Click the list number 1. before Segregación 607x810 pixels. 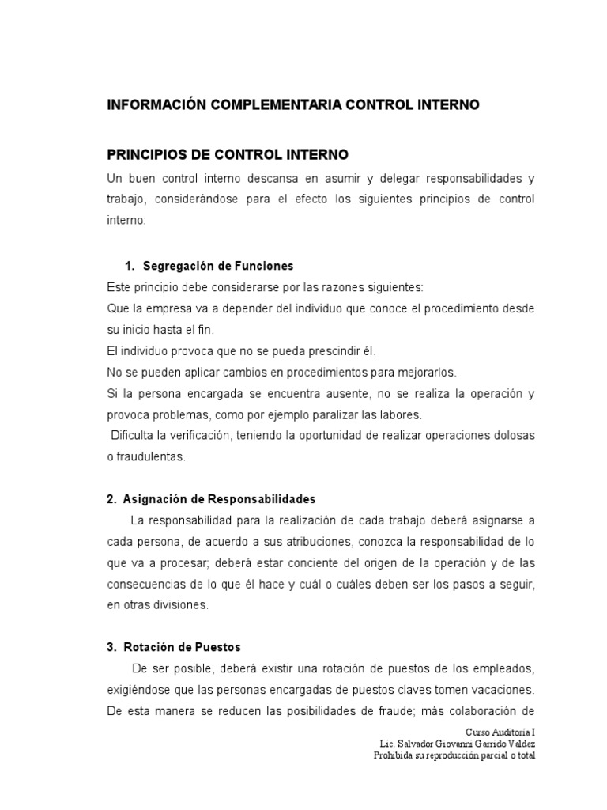pyautogui.click(x=131, y=265)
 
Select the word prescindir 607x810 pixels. pyautogui.click(x=307, y=350)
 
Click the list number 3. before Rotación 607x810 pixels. pyautogui.click(x=111, y=646)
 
